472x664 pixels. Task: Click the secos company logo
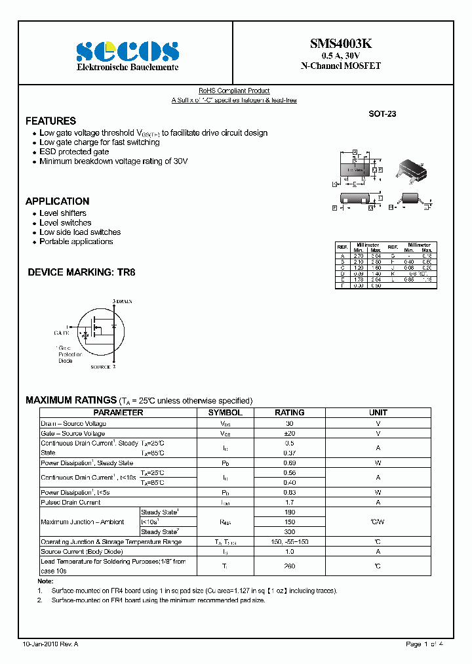[x=127, y=51]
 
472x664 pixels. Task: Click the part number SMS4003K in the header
[x=340, y=44]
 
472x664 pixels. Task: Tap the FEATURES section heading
[x=50, y=121]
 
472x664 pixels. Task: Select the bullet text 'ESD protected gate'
[x=74, y=152]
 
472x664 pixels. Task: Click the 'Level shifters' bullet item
[x=63, y=213]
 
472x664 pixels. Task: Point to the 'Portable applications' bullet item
[x=76, y=241]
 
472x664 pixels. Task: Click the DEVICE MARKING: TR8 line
[x=81, y=272]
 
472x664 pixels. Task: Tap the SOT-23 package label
[x=382, y=114]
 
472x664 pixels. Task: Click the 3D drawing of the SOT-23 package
[x=410, y=169]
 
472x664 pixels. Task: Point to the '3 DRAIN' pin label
[x=123, y=301]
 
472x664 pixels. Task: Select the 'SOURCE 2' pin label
[x=103, y=367]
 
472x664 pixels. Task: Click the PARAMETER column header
[x=118, y=413]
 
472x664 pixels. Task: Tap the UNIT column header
[x=378, y=413]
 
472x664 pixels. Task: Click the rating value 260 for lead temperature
[x=289, y=566]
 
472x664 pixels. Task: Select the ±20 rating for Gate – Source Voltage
[x=289, y=434]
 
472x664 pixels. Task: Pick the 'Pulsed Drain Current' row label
[x=71, y=503]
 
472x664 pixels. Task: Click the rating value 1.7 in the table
[x=289, y=503]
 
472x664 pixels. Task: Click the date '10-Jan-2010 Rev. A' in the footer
[x=50, y=644]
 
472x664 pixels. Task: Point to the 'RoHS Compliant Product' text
[x=234, y=91]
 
